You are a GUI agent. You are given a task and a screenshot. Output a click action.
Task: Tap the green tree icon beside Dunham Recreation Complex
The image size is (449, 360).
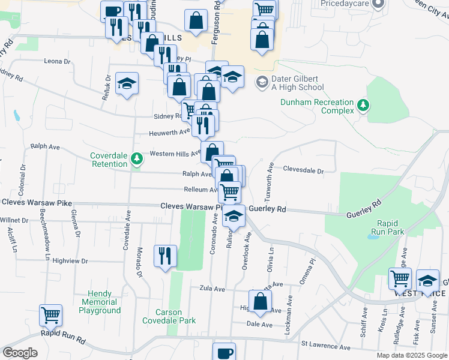[363, 106]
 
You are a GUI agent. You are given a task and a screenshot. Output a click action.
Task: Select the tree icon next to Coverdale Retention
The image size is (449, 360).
[137, 159]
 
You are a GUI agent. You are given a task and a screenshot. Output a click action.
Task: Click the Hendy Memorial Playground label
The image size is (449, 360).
[100, 302]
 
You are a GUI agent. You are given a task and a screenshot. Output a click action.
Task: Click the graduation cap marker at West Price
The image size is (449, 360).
[427, 279]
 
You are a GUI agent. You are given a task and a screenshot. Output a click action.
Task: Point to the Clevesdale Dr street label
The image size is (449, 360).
[303, 170]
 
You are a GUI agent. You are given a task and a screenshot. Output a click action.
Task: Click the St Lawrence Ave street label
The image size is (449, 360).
[325, 347]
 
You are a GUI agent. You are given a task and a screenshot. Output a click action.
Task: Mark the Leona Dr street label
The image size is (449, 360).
[58, 61]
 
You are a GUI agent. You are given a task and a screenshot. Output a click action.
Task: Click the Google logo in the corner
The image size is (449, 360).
[20, 353]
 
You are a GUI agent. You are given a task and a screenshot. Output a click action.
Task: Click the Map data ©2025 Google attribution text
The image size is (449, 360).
[411, 355]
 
